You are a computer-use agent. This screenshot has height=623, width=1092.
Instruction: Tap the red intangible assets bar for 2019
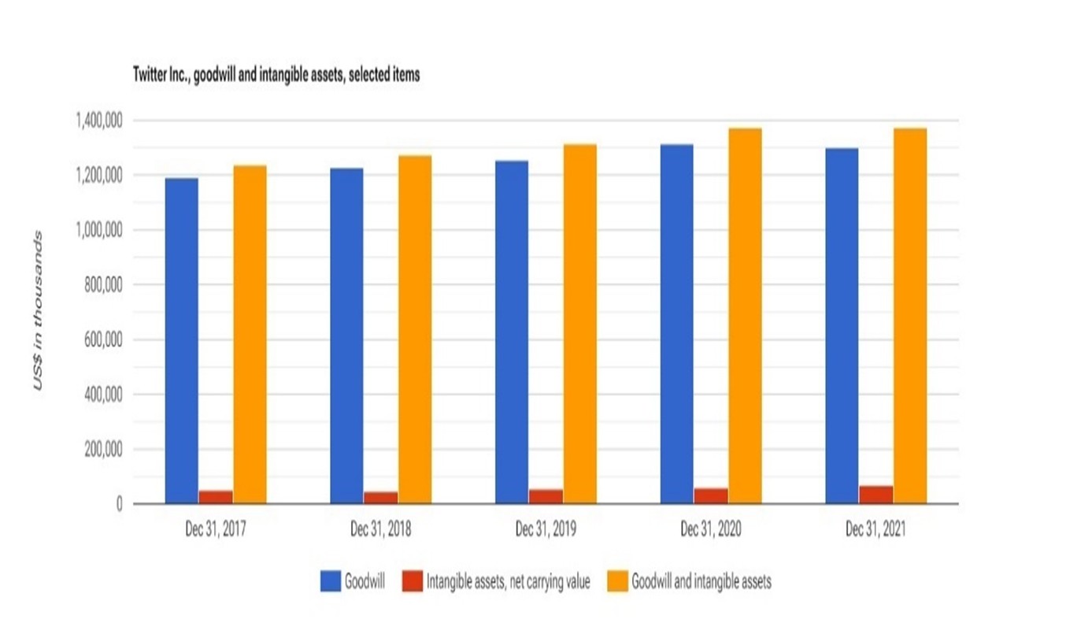click(546, 496)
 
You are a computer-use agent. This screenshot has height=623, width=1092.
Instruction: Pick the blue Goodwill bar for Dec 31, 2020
click(676, 324)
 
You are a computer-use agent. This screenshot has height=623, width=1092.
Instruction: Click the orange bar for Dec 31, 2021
click(909, 315)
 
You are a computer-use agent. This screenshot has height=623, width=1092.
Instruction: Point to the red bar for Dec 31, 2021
click(875, 495)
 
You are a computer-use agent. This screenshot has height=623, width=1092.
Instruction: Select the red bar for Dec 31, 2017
click(215, 497)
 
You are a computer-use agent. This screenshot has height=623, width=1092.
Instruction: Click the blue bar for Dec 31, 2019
click(512, 332)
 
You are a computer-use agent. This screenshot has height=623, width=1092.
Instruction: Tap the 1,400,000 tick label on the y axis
click(98, 121)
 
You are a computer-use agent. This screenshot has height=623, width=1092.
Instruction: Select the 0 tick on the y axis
click(118, 504)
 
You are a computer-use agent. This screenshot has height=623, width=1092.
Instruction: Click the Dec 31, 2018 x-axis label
click(380, 530)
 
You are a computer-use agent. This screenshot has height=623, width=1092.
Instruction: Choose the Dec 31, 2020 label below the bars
click(710, 530)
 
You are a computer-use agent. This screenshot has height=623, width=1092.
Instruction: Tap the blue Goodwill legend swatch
click(330, 582)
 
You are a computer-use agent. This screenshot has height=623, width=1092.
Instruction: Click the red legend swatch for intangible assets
click(412, 582)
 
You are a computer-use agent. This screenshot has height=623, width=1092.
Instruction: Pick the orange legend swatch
click(618, 582)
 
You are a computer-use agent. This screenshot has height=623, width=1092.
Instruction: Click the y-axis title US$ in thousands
click(37, 311)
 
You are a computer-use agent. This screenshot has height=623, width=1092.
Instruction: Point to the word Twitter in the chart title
click(150, 76)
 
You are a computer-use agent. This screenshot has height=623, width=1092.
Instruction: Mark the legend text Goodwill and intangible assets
click(701, 582)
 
